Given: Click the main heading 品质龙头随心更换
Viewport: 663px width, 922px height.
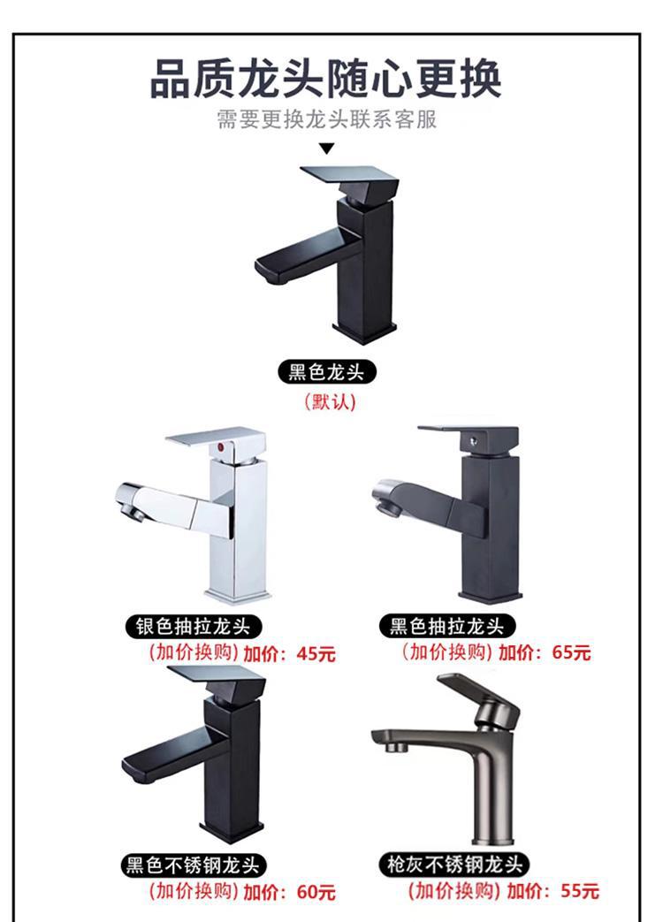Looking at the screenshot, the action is click(x=326, y=78).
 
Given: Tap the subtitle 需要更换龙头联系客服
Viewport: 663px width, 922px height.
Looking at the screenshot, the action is click(x=327, y=119).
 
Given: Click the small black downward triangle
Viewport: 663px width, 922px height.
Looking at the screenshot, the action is click(x=327, y=149).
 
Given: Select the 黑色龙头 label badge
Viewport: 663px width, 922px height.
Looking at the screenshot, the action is click(x=326, y=372).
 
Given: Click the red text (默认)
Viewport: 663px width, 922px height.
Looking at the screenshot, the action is click(x=330, y=402).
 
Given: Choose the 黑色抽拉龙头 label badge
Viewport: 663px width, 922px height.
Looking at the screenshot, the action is click(x=446, y=627).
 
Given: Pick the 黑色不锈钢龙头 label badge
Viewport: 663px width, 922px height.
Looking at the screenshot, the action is click(x=194, y=865).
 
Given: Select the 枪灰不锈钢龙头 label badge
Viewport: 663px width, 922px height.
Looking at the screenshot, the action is click(x=454, y=865).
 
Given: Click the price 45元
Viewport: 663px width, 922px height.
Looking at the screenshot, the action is click(x=316, y=653).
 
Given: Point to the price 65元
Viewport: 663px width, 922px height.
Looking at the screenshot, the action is click(x=571, y=652).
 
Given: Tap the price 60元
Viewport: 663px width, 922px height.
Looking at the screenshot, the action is click(x=316, y=892).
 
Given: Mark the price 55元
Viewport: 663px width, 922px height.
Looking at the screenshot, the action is click(x=580, y=891).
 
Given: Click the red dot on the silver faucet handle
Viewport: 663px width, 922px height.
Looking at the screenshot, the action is click(x=221, y=450).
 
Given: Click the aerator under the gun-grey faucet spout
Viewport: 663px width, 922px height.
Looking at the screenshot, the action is click(x=394, y=748).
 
